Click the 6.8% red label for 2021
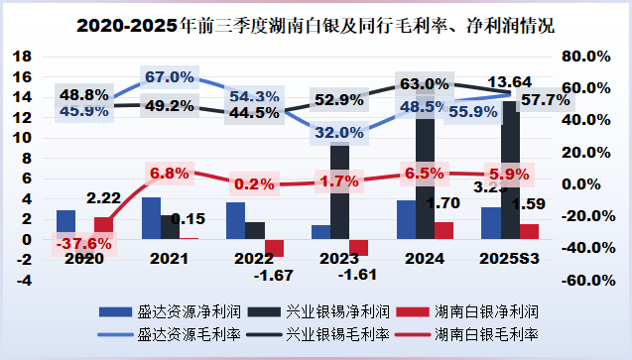click(169, 174)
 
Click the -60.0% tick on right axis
click(581, 280)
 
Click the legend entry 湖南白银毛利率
click(489, 334)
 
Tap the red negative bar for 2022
click(274, 248)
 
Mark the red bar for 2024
click(444, 230)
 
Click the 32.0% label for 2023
click(339, 131)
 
